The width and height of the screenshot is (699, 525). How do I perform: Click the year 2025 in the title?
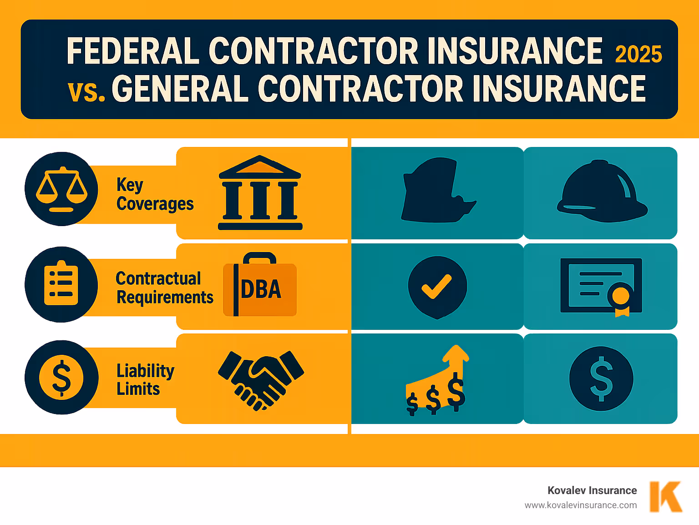coord(638,55)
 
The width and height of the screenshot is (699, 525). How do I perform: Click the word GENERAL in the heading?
coord(180,88)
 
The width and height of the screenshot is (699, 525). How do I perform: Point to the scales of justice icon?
coord(61,189)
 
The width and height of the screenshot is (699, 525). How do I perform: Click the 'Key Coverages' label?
coord(155,195)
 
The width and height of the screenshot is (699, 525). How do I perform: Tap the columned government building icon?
coord(260,193)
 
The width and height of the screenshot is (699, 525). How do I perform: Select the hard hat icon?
coord(602,192)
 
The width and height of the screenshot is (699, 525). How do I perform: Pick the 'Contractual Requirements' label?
coord(164,288)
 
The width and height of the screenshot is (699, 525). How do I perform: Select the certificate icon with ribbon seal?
coord(601,287)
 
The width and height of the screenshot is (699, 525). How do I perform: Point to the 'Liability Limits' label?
coord(145,379)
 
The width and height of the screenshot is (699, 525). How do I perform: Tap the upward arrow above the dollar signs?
coord(456,358)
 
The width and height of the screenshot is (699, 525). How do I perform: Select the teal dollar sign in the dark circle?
coord(601,379)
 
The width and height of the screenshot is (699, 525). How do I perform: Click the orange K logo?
coord(665,496)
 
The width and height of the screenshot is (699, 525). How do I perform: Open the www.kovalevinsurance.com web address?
coord(580,505)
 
